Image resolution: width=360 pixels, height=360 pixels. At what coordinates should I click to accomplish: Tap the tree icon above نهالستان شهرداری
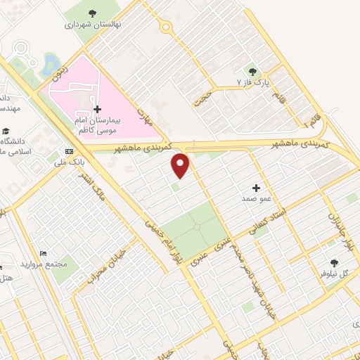tap(93, 13)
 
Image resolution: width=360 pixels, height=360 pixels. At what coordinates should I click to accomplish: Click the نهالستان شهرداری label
tap(94, 24)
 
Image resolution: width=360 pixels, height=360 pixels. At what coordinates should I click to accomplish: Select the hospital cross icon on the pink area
tap(97, 109)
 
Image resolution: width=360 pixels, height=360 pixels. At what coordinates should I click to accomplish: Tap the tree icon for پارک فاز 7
tap(252, 71)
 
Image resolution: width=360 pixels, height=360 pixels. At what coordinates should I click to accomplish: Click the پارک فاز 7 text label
tap(252, 83)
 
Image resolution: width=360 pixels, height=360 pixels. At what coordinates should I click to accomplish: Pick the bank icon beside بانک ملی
tap(69, 151)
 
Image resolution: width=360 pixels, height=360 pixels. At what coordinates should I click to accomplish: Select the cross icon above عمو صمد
tap(256, 188)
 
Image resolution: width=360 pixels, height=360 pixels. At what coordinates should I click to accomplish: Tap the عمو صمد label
tap(257, 200)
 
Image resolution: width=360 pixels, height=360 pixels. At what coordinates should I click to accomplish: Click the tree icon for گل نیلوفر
tap(334, 262)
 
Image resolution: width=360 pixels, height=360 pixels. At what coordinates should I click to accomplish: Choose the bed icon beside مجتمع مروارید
tap(44, 253)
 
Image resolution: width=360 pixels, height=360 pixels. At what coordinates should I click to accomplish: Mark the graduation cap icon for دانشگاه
tap(6, 131)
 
